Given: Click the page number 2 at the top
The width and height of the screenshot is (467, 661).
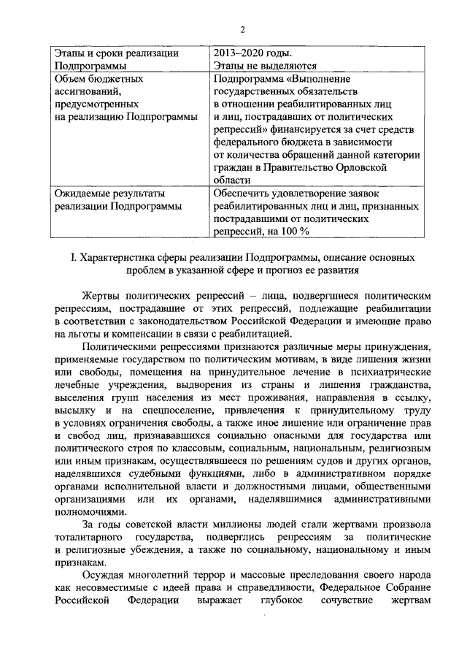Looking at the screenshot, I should [242, 29].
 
